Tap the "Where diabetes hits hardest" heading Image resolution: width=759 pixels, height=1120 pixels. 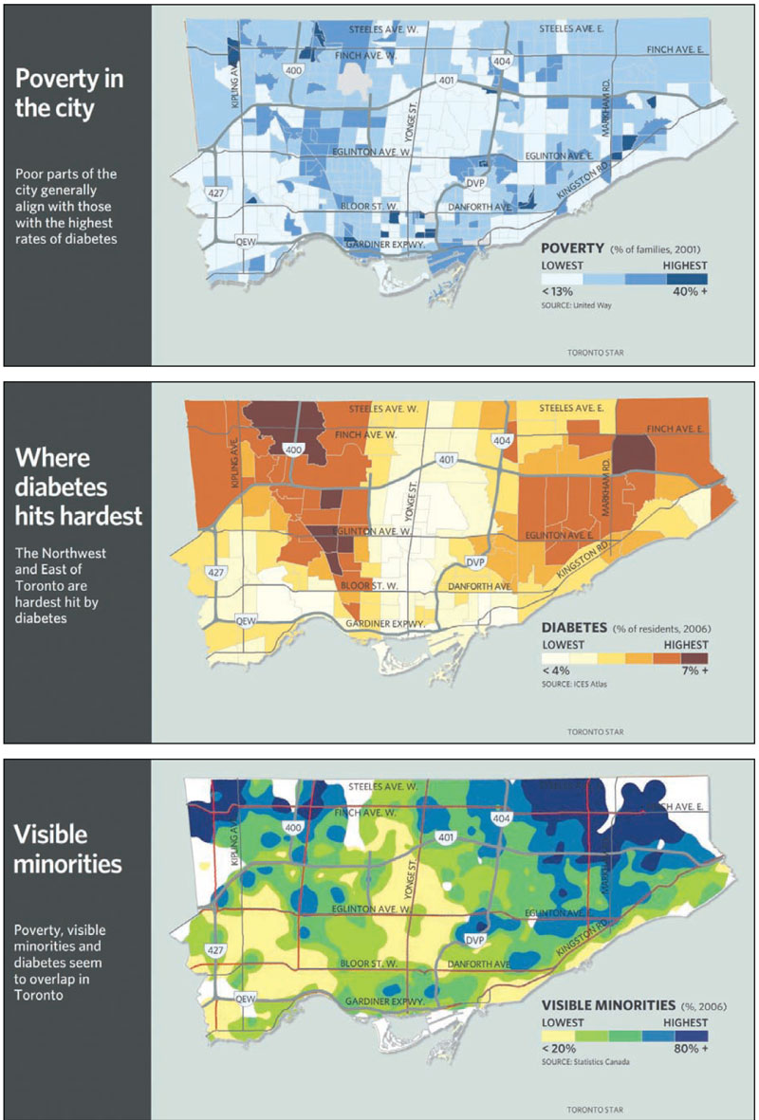[78, 486]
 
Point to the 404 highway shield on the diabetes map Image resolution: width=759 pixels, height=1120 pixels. [503, 441]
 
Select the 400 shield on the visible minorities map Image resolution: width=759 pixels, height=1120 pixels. [292, 828]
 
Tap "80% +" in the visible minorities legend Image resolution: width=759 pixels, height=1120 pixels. [691, 1050]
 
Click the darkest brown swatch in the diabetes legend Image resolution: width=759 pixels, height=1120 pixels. [695, 657]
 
